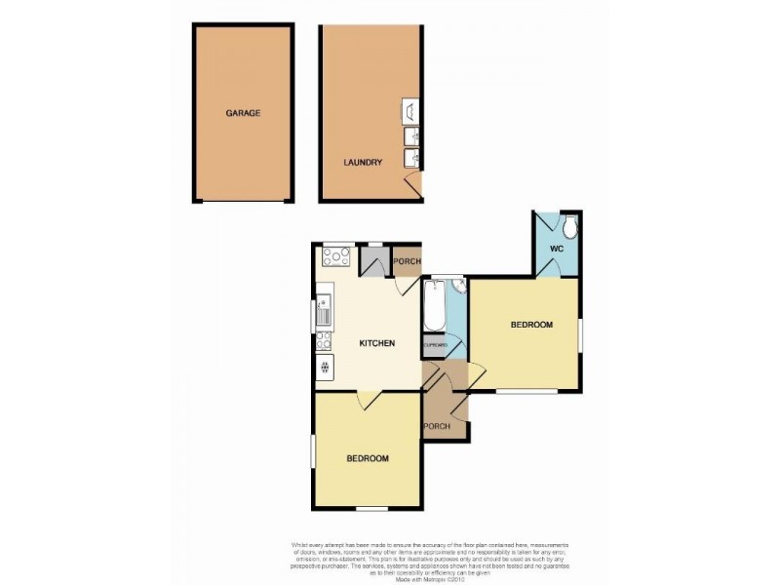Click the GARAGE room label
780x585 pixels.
(x=243, y=113)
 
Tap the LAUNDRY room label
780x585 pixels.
(x=362, y=163)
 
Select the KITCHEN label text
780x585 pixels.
(x=376, y=343)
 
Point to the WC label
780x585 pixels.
(x=557, y=249)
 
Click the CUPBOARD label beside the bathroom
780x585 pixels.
(x=435, y=345)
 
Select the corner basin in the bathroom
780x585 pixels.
(x=457, y=287)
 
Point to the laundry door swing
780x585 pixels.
(x=413, y=182)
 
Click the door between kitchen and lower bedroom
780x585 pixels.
(x=369, y=400)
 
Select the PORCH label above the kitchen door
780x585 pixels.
(x=407, y=261)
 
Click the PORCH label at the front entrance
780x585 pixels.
(x=436, y=427)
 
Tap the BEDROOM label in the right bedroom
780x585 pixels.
(x=531, y=325)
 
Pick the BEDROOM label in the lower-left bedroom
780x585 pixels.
(x=368, y=458)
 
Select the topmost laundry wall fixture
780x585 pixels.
(x=410, y=109)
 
